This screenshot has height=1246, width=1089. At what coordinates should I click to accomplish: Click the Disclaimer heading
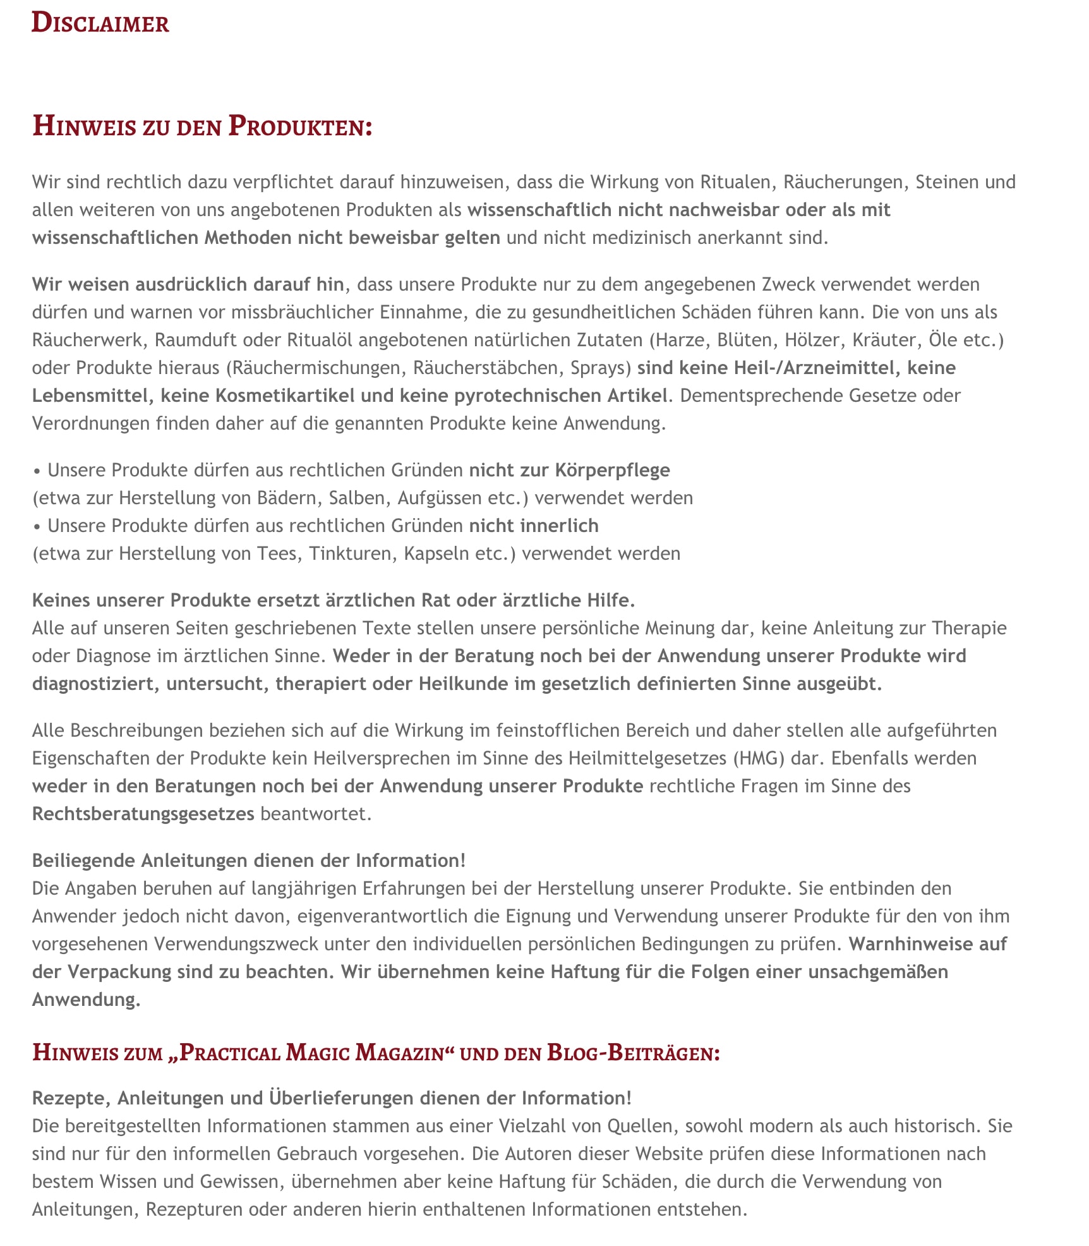100,23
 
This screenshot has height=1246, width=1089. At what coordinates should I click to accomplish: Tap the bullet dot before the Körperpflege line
37,471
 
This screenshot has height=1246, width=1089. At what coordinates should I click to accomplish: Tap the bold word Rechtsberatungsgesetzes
143,814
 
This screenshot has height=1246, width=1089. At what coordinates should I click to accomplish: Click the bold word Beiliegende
83,861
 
